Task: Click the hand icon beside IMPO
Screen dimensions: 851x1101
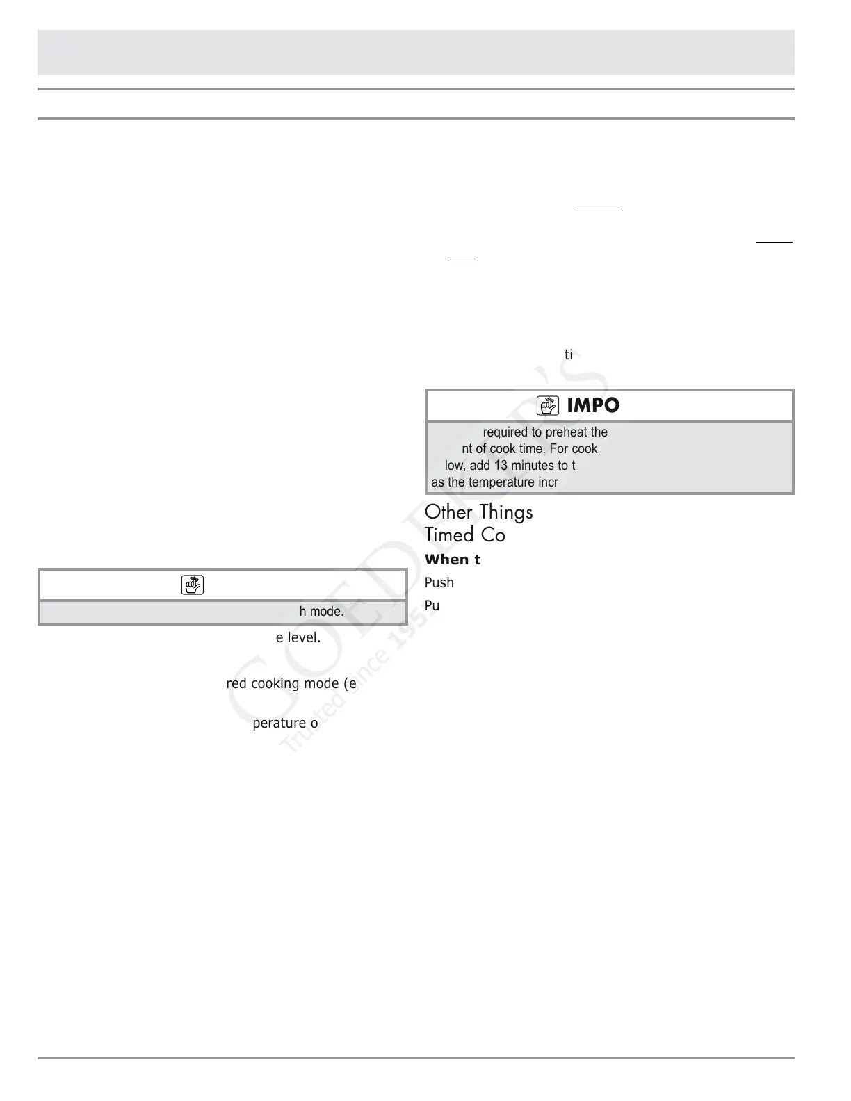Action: click(x=549, y=405)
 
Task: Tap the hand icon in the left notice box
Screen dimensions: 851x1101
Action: click(x=192, y=585)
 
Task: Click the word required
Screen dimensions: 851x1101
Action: click(x=505, y=432)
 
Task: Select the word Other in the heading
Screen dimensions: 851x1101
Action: click(x=448, y=512)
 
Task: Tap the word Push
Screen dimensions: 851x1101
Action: click(x=439, y=582)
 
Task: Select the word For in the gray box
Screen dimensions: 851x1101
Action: click(x=560, y=449)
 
